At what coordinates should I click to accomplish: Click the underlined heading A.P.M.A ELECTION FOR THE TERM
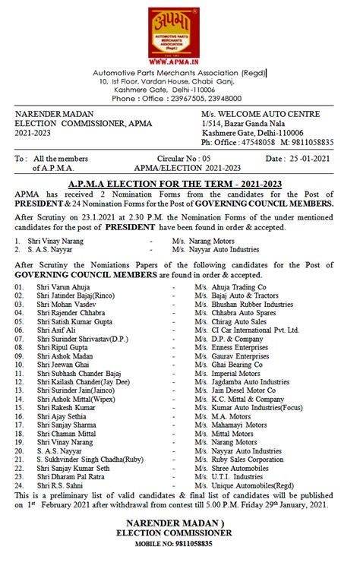click(180, 183)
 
